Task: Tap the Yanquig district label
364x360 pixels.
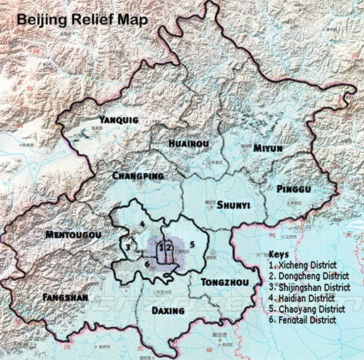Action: [x=119, y=120]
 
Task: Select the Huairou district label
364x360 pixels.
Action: [x=188, y=144]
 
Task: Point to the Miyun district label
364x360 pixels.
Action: [x=268, y=148]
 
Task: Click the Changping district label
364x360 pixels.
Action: [x=138, y=176]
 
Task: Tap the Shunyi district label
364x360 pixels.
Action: [x=233, y=205]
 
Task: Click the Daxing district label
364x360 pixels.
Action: [x=168, y=311]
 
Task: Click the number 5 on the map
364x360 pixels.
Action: [x=192, y=244]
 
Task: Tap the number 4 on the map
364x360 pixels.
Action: [x=142, y=224]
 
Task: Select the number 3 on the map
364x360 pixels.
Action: [x=128, y=247]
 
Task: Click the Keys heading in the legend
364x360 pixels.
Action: [x=278, y=254]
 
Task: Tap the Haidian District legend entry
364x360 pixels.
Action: [x=302, y=298]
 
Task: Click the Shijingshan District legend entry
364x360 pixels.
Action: [x=309, y=287]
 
